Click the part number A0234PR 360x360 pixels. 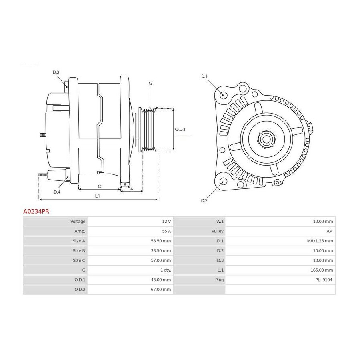tap(36, 211)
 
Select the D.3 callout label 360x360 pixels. tap(56, 72)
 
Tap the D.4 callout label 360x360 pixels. tap(57, 192)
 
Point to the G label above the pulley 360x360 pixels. tap(150, 83)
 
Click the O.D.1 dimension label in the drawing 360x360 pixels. tap(180, 130)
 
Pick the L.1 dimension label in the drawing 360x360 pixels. tap(97, 196)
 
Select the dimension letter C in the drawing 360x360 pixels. tap(100, 186)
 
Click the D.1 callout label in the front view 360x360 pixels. tap(204, 76)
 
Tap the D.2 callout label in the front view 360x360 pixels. tap(204, 200)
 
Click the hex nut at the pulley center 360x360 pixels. tap(266, 139)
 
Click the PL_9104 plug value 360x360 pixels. tap(324, 280)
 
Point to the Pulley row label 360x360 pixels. tap(218, 231)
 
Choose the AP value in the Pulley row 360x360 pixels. tap(329, 231)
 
